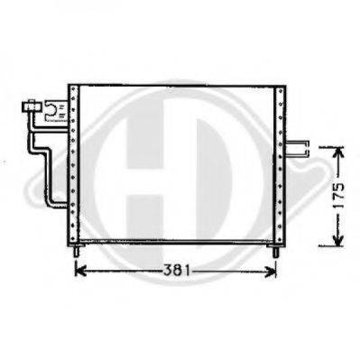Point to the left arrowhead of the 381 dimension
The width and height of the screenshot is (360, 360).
pyautogui.click(x=77, y=269)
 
